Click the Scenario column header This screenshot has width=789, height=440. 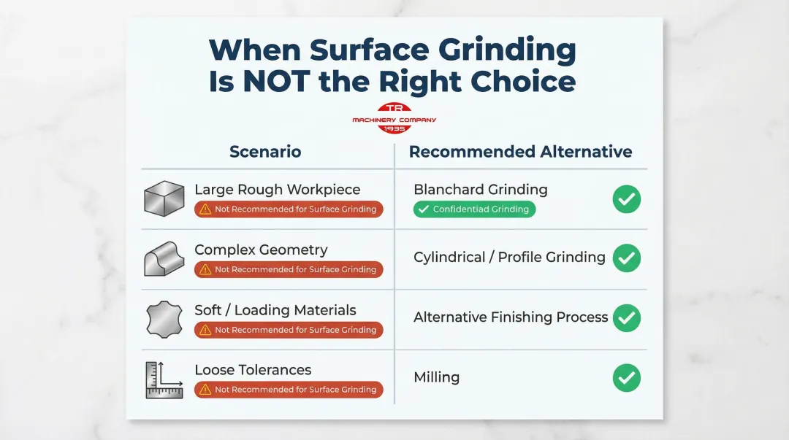point(265,152)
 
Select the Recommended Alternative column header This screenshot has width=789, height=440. point(520,152)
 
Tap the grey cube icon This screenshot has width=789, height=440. point(164,198)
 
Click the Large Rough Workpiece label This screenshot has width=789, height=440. point(277,190)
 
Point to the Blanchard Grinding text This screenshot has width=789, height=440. point(480,190)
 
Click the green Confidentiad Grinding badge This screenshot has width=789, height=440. point(474,209)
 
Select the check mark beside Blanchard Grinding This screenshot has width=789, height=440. point(626,199)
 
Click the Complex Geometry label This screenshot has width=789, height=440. point(261,250)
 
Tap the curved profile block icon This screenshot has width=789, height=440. point(164,259)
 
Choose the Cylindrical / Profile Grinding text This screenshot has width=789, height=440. point(509,257)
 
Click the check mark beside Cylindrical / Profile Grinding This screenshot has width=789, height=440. point(626,258)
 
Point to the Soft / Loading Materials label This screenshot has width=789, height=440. point(275,310)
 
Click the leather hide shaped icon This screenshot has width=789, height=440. point(164,319)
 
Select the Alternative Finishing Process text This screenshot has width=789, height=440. point(511,317)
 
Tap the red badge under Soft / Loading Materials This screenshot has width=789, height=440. point(289,330)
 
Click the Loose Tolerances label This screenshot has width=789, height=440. point(253,370)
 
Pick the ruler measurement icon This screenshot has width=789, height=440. point(164,379)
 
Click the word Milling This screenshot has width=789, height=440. point(436,377)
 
